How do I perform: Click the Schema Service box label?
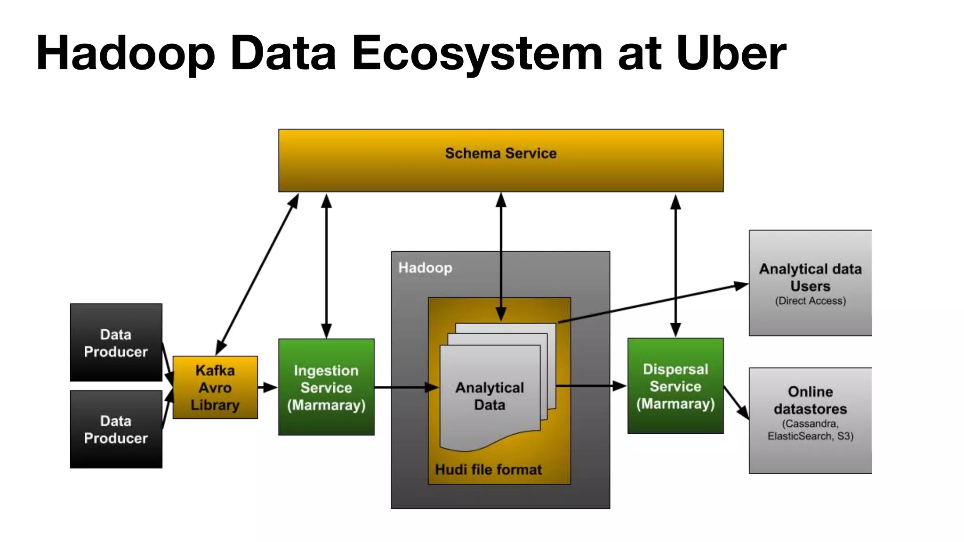[501, 153]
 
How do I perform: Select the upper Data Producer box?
[116, 343]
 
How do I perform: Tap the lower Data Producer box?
[116, 429]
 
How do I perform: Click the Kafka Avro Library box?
[215, 387]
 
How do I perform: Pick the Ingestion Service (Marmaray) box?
[326, 387]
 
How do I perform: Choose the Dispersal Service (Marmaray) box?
[675, 386]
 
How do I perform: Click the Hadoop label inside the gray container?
[425, 268]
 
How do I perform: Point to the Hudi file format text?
[488, 470]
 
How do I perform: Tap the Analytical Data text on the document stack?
[490, 396]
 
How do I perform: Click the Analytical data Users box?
[810, 282]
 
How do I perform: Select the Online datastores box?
[810, 420]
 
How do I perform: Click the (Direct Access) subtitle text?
[810, 301]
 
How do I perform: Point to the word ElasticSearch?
[799, 436]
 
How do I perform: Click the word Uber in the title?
[731, 53]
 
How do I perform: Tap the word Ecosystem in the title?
[477, 53]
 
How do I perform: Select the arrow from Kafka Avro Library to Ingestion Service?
[268, 387]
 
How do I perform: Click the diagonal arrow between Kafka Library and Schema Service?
[257, 274]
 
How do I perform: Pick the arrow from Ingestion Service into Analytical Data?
[406, 387]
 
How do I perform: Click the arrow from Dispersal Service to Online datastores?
[736, 403]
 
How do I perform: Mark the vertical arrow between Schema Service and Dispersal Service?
[675, 266]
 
